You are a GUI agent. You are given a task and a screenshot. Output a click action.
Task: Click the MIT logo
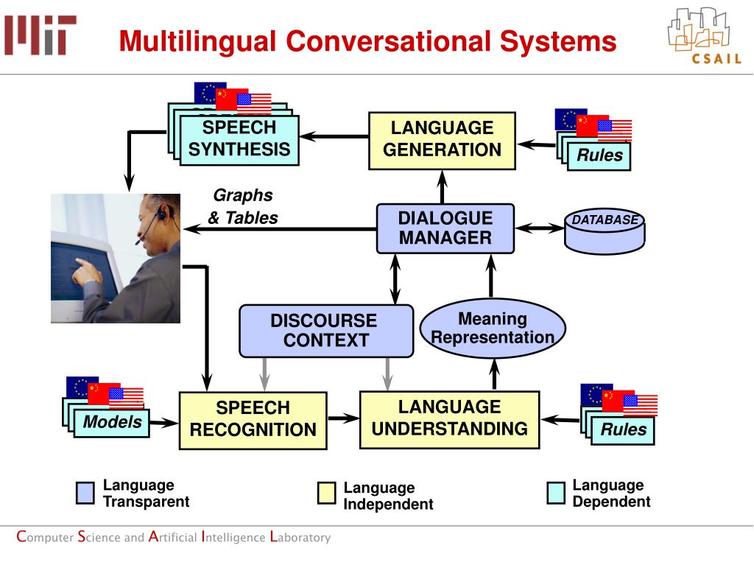[40, 35]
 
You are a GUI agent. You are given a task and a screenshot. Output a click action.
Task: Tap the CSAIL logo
[705, 36]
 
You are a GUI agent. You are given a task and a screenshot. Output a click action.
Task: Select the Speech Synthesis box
[239, 140]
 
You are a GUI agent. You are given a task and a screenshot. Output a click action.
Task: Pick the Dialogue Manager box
[445, 228]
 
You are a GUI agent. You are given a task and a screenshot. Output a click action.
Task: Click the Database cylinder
[605, 231]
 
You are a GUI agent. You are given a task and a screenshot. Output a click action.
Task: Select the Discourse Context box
[326, 331]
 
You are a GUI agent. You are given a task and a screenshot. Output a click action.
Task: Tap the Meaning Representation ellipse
[493, 329]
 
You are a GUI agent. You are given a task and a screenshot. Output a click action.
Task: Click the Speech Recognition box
[253, 421]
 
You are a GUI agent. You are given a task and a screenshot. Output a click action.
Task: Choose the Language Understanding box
[450, 420]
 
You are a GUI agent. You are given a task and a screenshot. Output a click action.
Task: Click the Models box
[112, 423]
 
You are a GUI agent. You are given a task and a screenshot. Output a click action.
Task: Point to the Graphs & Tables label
[243, 206]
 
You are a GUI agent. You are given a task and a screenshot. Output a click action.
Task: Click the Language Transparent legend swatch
[85, 494]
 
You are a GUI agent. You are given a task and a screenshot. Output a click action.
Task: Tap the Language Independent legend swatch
[326, 494]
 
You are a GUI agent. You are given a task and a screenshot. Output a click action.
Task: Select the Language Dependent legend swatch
[556, 494]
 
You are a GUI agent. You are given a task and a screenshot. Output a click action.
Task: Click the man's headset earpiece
[164, 211]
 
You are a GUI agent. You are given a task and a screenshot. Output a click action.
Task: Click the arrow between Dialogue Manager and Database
[539, 228]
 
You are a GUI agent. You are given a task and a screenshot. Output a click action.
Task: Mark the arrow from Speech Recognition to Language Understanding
[343, 418]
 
